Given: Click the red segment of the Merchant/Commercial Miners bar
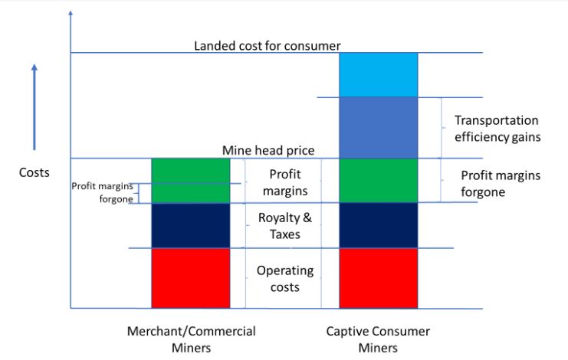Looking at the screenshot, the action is (191, 278).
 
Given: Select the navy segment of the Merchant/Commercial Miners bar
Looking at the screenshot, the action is (191, 226).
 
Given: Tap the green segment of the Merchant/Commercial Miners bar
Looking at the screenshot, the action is (191, 181).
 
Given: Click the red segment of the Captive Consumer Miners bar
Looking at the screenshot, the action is (378, 278).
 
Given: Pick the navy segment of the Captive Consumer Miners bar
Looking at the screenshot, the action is (378, 225).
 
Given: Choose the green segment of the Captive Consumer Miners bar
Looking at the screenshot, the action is (378, 181).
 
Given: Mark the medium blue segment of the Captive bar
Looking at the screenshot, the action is (378, 128).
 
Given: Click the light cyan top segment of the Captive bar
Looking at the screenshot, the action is (378, 75).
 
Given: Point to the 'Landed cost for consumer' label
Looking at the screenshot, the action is (268, 46).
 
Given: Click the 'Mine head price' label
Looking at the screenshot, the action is (268, 150).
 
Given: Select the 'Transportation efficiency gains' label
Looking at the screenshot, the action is (497, 129).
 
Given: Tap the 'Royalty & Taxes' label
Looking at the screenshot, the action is (284, 226).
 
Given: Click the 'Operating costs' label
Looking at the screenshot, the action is (285, 279).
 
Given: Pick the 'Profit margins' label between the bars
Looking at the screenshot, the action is (285, 182).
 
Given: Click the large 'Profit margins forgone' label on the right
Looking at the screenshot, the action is (501, 183).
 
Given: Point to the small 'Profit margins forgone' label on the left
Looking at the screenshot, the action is (102, 192).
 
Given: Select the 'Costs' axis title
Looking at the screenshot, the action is (34, 172).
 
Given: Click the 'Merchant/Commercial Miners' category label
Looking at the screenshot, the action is (192, 339).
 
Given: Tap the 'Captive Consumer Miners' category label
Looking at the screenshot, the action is (378, 339).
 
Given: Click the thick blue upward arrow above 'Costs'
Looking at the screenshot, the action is (34, 107).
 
